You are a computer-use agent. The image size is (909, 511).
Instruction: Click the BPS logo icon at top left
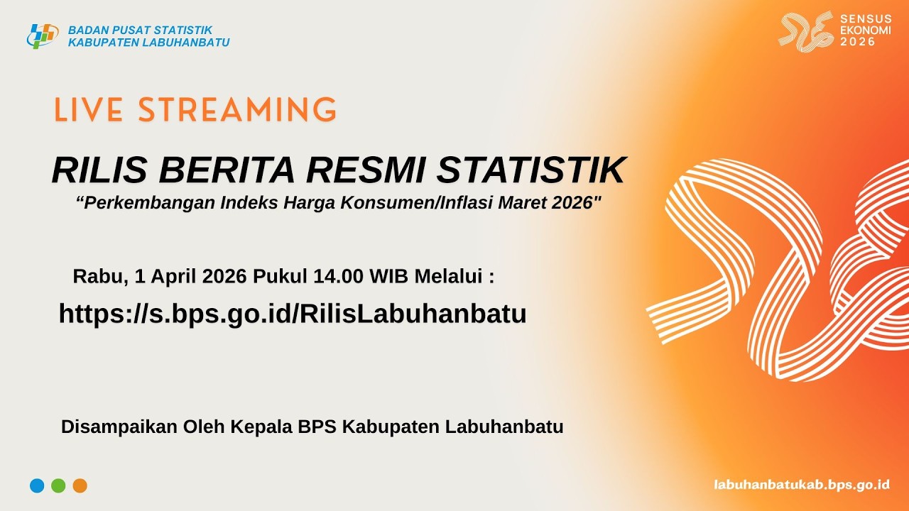(x=42, y=35)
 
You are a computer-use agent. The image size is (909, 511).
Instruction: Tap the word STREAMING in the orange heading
(x=237, y=111)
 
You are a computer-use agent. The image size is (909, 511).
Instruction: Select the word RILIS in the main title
(x=99, y=170)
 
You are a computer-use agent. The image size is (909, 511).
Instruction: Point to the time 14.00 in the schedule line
(x=339, y=277)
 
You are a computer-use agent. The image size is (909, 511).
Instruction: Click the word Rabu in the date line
(x=95, y=277)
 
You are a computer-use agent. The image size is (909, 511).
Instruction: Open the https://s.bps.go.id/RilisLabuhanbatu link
(x=293, y=314)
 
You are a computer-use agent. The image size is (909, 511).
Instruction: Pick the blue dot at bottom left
(x=37, y=486)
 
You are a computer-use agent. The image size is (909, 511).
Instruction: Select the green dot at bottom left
(x=58, y=486)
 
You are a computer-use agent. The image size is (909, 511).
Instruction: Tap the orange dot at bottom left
(x=80, y=486)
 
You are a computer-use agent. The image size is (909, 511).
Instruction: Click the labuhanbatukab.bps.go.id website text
(x=802, y=485)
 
